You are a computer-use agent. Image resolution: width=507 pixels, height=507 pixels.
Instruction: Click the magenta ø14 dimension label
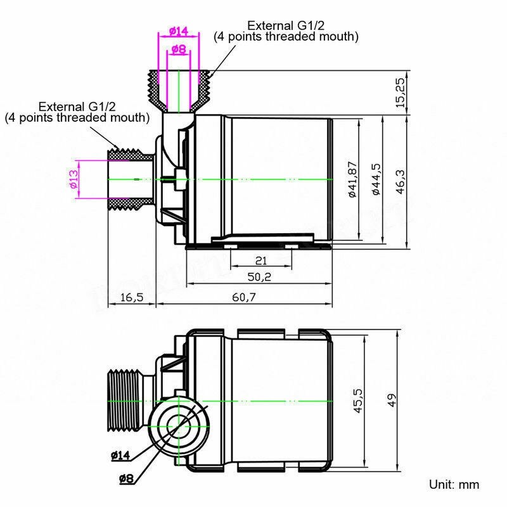179,31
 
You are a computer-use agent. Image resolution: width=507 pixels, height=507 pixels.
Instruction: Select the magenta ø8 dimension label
179,49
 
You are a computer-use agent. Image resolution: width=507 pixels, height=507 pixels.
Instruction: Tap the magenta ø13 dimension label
74,180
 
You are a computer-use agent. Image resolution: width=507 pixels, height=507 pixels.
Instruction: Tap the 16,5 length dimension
131,297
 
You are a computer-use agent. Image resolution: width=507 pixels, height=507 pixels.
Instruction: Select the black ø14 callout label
120,455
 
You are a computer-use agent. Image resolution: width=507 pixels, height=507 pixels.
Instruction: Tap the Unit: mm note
454,485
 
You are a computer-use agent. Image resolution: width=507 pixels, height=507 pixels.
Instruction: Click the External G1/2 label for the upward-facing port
286,31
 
